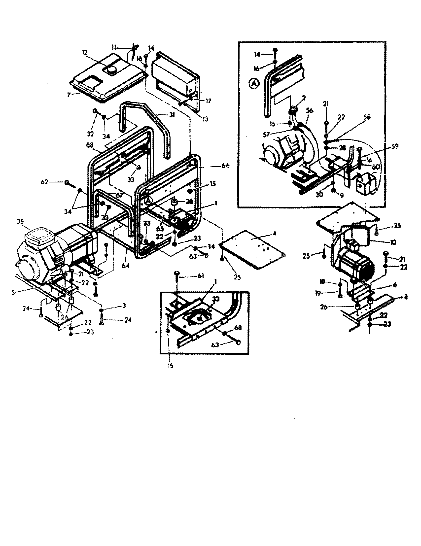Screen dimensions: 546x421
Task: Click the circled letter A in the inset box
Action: click(253, 84)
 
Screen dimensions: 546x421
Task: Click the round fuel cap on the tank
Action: click(110, 70)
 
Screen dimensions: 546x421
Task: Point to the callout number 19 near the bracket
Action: click(318, 293)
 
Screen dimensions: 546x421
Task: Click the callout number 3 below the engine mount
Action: click(124, 306)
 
